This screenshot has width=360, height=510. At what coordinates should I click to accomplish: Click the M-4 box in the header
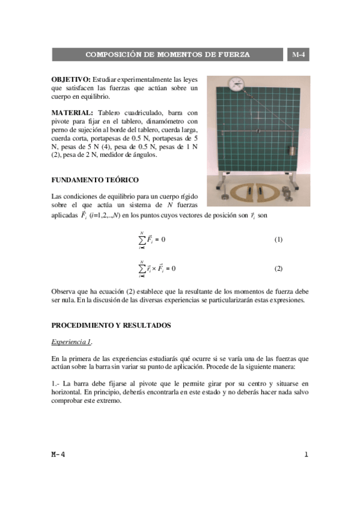pyautogui.click(x=297, y=55)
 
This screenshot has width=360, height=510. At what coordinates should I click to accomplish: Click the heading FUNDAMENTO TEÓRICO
pyautogui.click(x=95, y=180)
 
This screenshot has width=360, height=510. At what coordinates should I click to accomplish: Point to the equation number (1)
pyautogui.click(x=278, y=239)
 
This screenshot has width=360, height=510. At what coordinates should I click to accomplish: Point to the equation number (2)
pyautogui.click(x=278, y=268)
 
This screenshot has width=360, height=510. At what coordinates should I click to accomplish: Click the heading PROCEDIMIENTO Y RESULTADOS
pyautogui.click(x=111, y=325)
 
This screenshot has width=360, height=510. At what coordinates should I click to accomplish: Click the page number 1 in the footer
pyautogui.click(x=305, y=455)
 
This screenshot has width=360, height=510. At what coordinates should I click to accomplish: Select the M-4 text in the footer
pyautogui.click(x=58, y=455)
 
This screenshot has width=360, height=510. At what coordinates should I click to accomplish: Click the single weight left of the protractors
pyautogui.click(x=222, y=196)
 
